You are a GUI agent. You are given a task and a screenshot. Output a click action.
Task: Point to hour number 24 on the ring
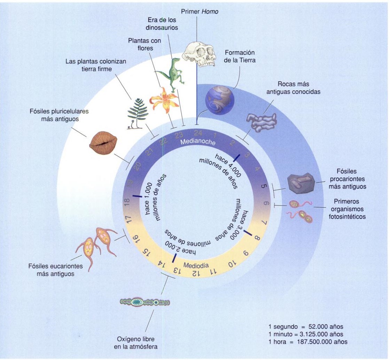pyautogui.click(x=197, y=134)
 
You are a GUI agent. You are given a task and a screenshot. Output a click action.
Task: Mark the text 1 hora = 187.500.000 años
pyautogui.click(x=308, y=342)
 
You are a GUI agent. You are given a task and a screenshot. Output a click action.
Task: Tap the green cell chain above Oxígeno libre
pyautogui.click(x=145, y=302)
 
